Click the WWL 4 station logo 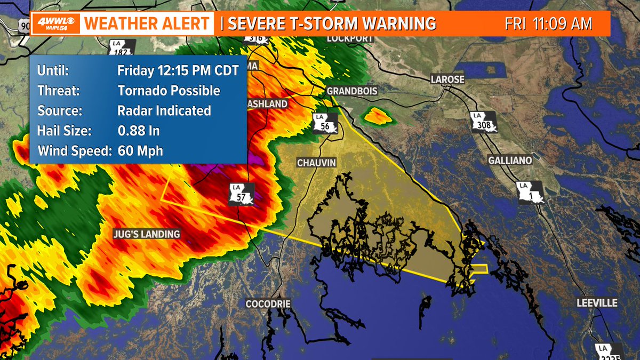(x=55, y=23)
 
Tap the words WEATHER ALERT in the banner (x=147, y=24)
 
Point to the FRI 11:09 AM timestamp (x=549, y=24)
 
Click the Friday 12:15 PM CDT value (x=178, y=70)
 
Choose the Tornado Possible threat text (x=169, y=91)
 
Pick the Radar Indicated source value (x=164, y=111)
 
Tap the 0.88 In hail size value (x=139, y=131)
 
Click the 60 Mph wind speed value (x=140, y=151)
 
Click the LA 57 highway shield (x=242, y=194)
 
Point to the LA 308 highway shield (x=484, y=122)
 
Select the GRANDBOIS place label (x=352, y=91)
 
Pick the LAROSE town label (x=447, y=79)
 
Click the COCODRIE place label (x=268, y=303)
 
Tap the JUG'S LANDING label (x=146, y=234)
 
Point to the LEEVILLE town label (x=597, y=303)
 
